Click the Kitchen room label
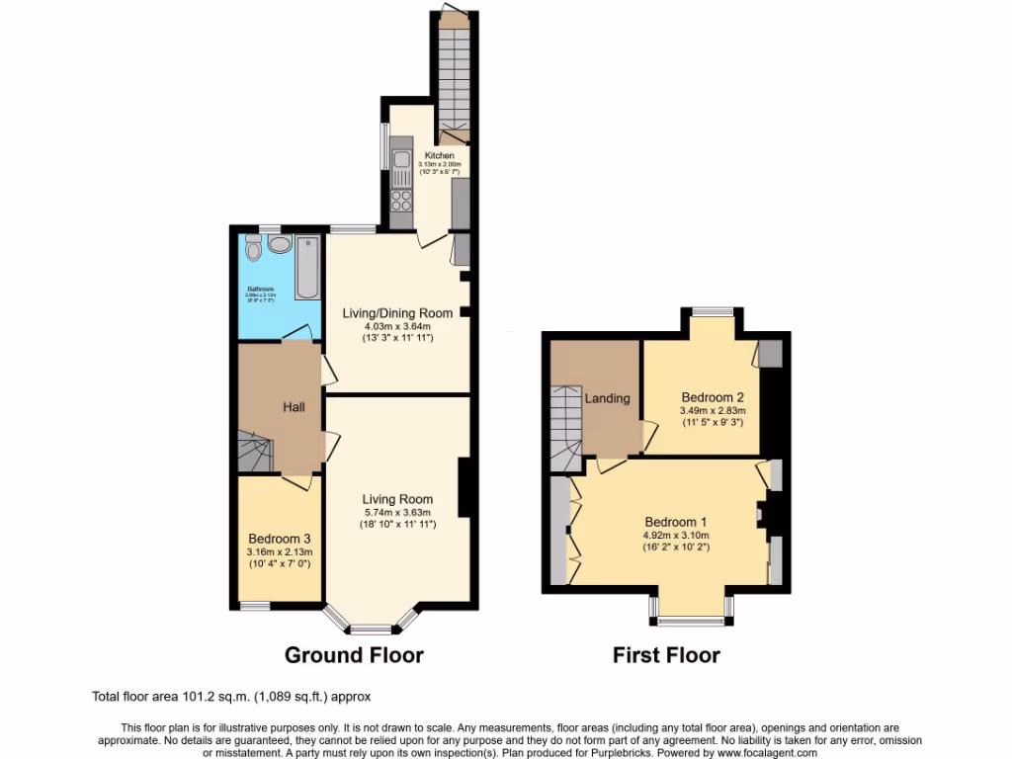(440, 156)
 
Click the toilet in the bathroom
(254, 251)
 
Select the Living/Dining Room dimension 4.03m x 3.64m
(396, 326)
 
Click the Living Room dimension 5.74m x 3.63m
(396, 512)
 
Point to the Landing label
(607, 398)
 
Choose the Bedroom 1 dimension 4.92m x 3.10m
(675, 535)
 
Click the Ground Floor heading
(354, 655)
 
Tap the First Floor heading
(666, 655)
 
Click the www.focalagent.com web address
(760, 753)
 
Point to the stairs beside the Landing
(567, 425)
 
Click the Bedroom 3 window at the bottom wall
(255, 604)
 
